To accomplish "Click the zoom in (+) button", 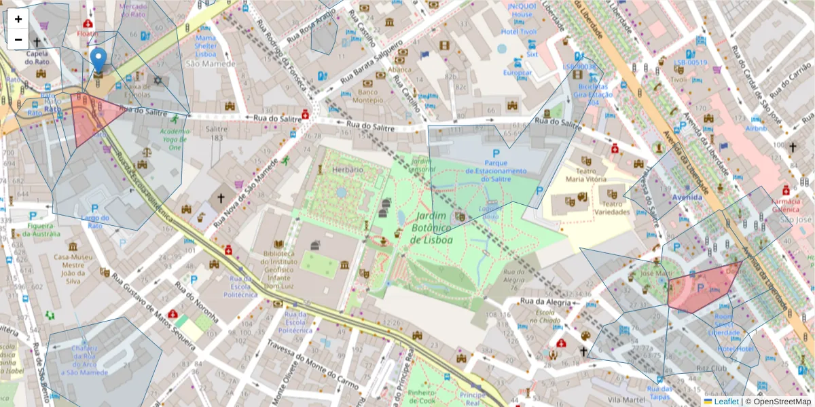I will pyautogui.click(x=18, y=19).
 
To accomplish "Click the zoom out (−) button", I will pyautogui.click(x=18, y=39).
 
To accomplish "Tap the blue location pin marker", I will pyautogui.click(x=98, y=61).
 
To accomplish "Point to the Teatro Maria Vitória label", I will pyautogui.click(x=590, y=175).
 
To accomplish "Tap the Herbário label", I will pyautogui.click(x=348, y=169).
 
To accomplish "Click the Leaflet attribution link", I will pyautogui.click(x=726, y=402).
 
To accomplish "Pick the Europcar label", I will pyautogui.click(x=517, y=73).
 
